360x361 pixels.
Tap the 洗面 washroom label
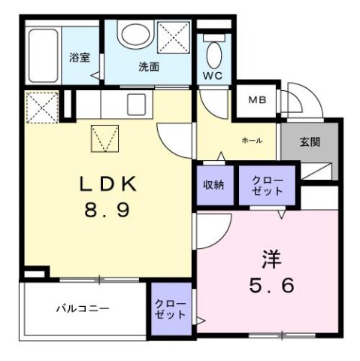(x=149, y=67)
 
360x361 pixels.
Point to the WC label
(x=213, y=76)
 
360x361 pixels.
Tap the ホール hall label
(x=252, y=141)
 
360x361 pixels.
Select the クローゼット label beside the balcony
(x=170, y=308)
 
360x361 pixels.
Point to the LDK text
(x=108, y=184)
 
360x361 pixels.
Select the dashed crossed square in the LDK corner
(x=41, y=107)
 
